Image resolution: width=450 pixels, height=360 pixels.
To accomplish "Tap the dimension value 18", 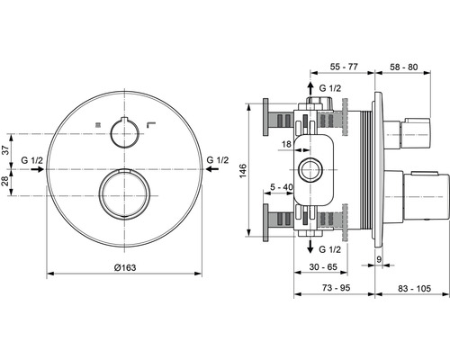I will coord(286,143).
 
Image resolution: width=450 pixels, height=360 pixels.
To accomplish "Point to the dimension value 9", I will coord(379,260).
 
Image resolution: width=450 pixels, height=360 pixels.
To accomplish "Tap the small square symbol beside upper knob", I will coord(98,123).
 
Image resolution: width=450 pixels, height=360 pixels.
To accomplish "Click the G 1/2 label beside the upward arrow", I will coord(331,88).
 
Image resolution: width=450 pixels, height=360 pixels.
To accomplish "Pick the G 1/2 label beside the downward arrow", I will coord(331,247).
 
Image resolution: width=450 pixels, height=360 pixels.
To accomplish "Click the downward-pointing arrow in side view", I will coord(312,246).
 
